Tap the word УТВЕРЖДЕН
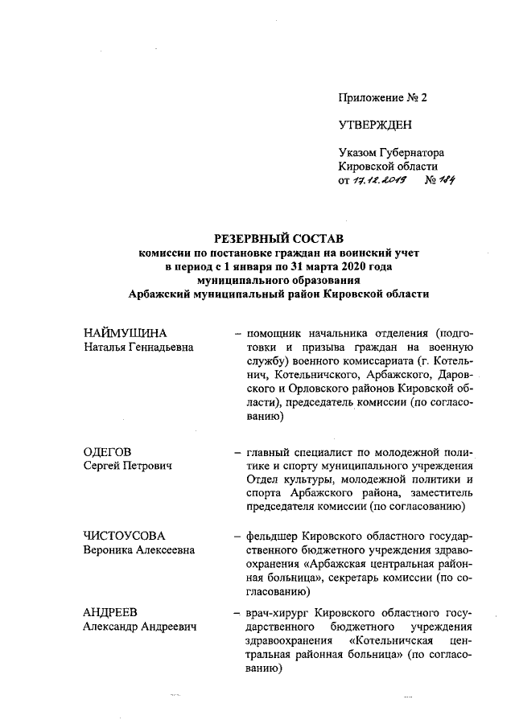coord(375,125)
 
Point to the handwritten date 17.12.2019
coord(377,181)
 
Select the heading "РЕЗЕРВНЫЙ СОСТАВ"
coord(278,238)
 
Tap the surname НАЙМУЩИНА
coord(131,332)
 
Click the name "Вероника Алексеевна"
coord(142,549)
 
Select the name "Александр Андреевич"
coord(142,627)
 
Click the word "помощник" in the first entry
coord(275,332)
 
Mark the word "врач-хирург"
coord(279,612)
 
